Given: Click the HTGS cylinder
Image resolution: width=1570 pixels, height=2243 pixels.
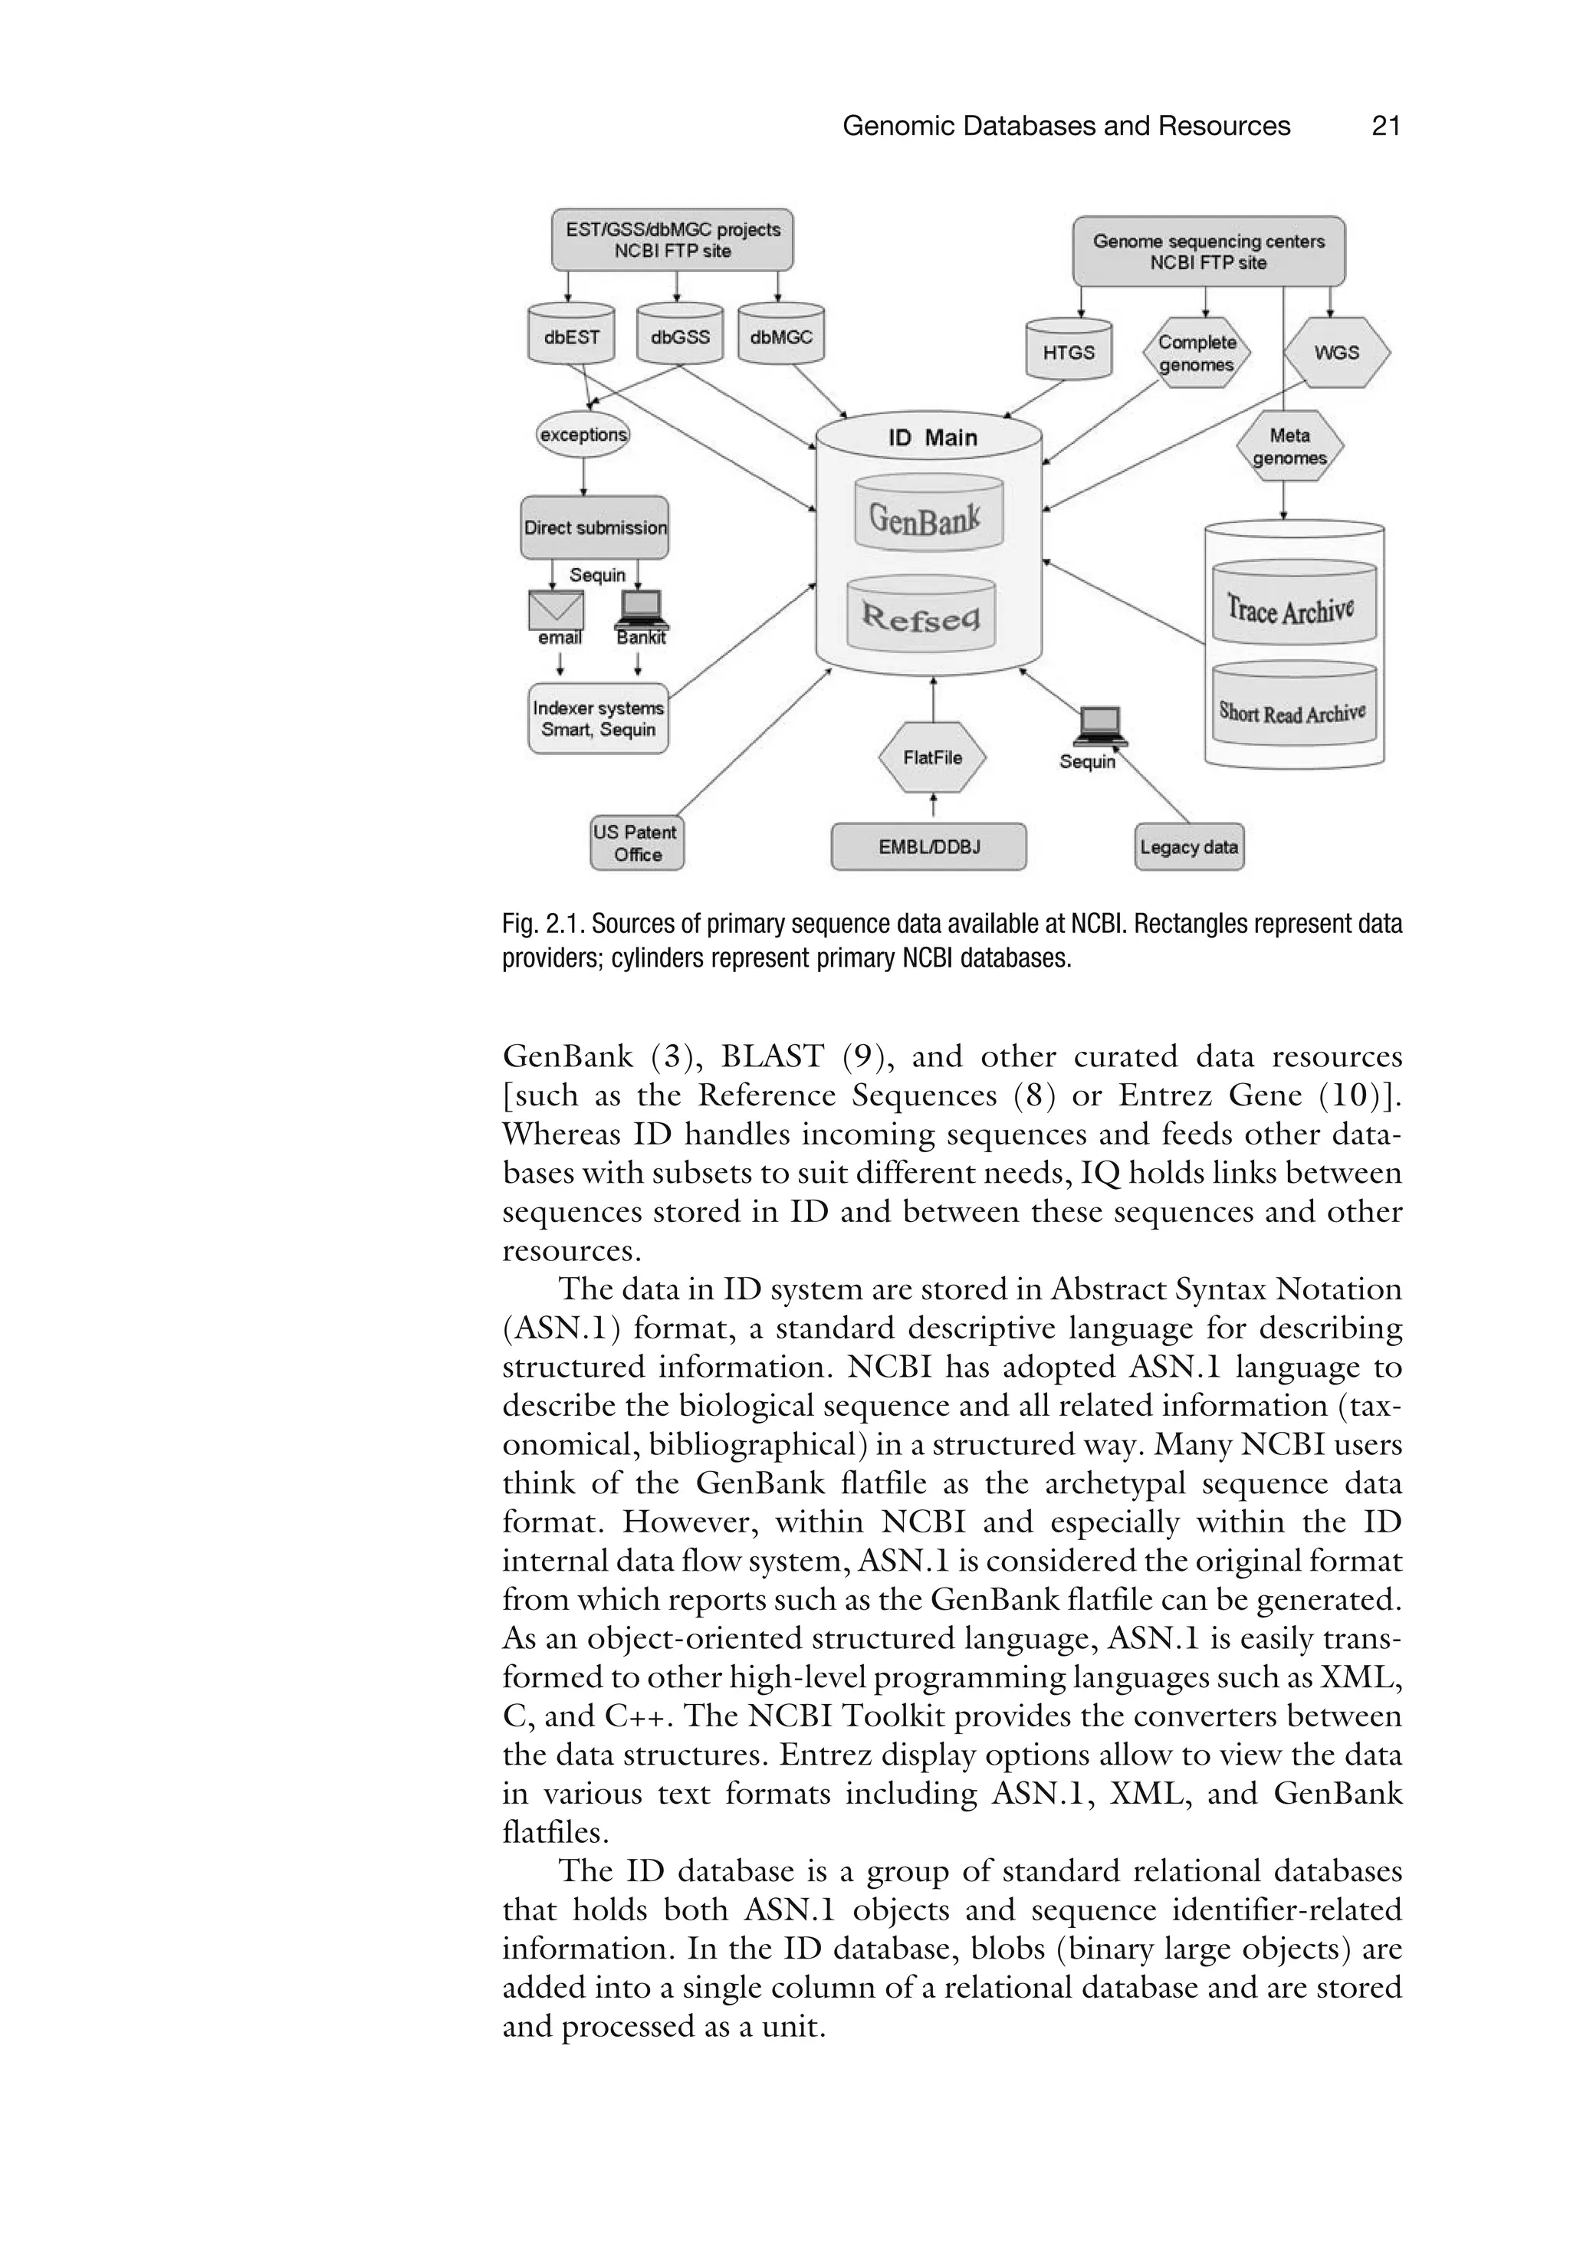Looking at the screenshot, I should pyautogui.click(x=1068, y=352).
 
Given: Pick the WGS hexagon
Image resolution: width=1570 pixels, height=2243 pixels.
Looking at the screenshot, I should pyautogui.click(x=1335, y=353).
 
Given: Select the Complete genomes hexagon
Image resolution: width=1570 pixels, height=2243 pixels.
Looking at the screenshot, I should pyautogui.click(x=1196, y=353).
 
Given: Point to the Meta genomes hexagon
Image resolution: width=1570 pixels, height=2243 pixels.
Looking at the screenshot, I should pyautogui.click(x=1289, y=446).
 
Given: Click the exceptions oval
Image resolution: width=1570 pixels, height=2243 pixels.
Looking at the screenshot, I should pyautogui.click(x=583, y=434).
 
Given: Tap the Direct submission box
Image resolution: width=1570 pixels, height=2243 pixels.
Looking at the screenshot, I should pyautogui.click(x=594, y=527).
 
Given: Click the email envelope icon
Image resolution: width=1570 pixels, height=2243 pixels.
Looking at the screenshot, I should pyautogui.click(x=556, y=610).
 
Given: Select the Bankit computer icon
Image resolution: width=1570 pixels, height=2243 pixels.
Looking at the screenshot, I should pyautogui.click(x=640, y=609).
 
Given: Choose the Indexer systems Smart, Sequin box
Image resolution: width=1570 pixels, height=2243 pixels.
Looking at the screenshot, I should pyautogui.click(x=598, y=718).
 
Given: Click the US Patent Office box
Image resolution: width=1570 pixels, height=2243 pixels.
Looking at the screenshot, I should pyautogui.click(x=637, y=843).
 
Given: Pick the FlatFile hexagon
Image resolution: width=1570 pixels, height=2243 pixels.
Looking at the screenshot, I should pyautogui.click(x=932, y=757).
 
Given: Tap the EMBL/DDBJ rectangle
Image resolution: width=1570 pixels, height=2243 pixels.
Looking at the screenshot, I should pyautogui.click(x=928, y=846).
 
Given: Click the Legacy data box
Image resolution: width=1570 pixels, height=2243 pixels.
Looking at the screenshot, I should pyautogui.click(x=1188, y=846).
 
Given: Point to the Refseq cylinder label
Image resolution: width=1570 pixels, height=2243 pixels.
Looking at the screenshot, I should pyautogui.click(x=921, y=616).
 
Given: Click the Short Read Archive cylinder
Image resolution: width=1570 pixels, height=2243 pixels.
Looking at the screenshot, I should pyautogui.click(x=1293, y=713).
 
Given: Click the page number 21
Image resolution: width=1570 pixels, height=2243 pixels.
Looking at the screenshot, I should pyautogui.click(x=1385, y=126).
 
